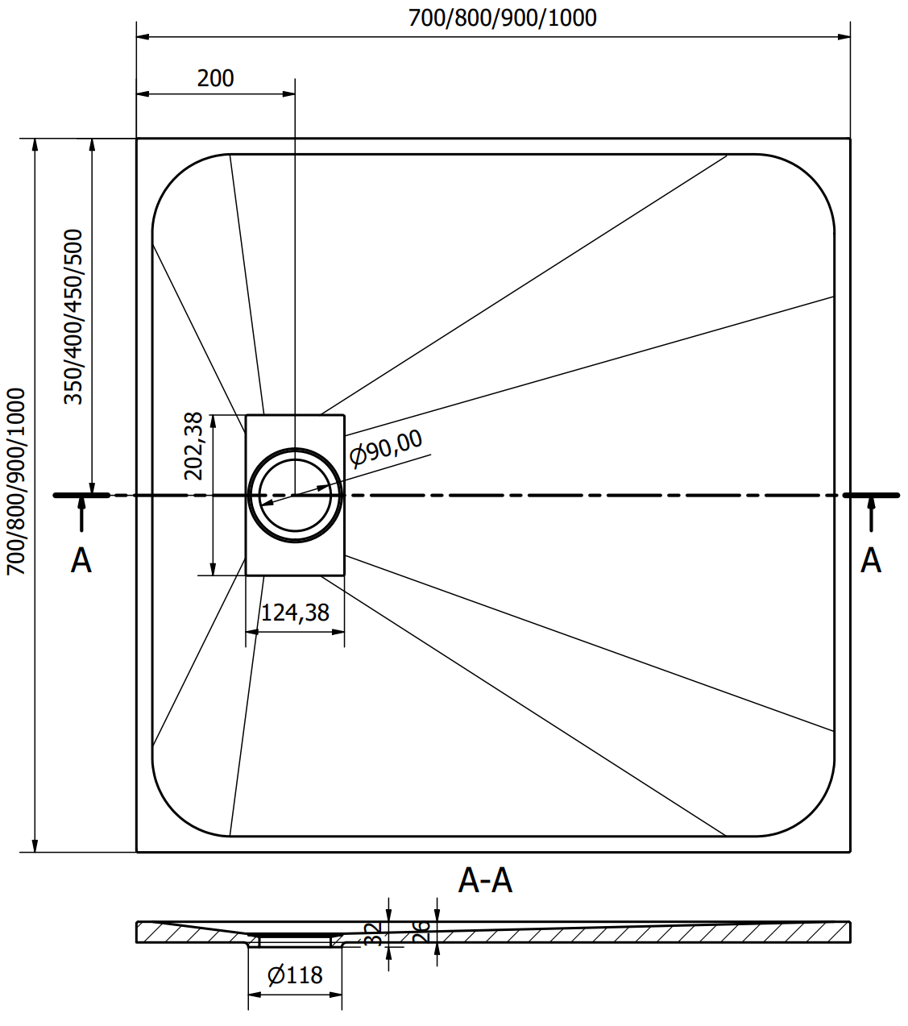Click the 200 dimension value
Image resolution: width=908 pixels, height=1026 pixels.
(x=215, y=78)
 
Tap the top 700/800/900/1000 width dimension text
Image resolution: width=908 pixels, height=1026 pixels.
(x=503, y=19)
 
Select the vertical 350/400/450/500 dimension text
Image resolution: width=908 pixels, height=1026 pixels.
(x=73, y=317)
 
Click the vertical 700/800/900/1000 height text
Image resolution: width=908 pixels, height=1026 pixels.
(x=15, y=482)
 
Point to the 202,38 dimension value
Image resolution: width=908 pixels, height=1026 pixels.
(x=193, y=447)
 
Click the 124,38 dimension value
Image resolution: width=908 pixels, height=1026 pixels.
(x=295, y=613)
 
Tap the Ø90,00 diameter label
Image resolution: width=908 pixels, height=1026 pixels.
(x=386, y=447)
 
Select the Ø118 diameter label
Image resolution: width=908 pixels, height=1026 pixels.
(x=295, y=975)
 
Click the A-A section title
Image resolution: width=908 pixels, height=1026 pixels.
(x=485, y=881)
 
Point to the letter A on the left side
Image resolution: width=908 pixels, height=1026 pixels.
(x=81, y=561)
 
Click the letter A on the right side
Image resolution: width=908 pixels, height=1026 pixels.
(x=871, y=561)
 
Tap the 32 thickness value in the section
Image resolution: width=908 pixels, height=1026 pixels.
(x=372, y=934)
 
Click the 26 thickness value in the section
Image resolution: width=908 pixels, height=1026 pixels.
(x=421, y=932)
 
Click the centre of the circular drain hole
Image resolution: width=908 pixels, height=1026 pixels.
(x=295, y=496)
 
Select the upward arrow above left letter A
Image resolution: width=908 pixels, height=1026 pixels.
(x=81, y=513)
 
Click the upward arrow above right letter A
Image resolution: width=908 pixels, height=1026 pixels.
(x=871, y=513)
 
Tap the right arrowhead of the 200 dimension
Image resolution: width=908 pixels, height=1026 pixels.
(x=288, y=93)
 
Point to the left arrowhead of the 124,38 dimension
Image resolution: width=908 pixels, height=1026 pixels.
(x=252, y=632)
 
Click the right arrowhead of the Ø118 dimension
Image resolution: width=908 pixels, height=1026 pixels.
(x=336, y=995)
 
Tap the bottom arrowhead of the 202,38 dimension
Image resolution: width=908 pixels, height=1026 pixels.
(x=214, y=569)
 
